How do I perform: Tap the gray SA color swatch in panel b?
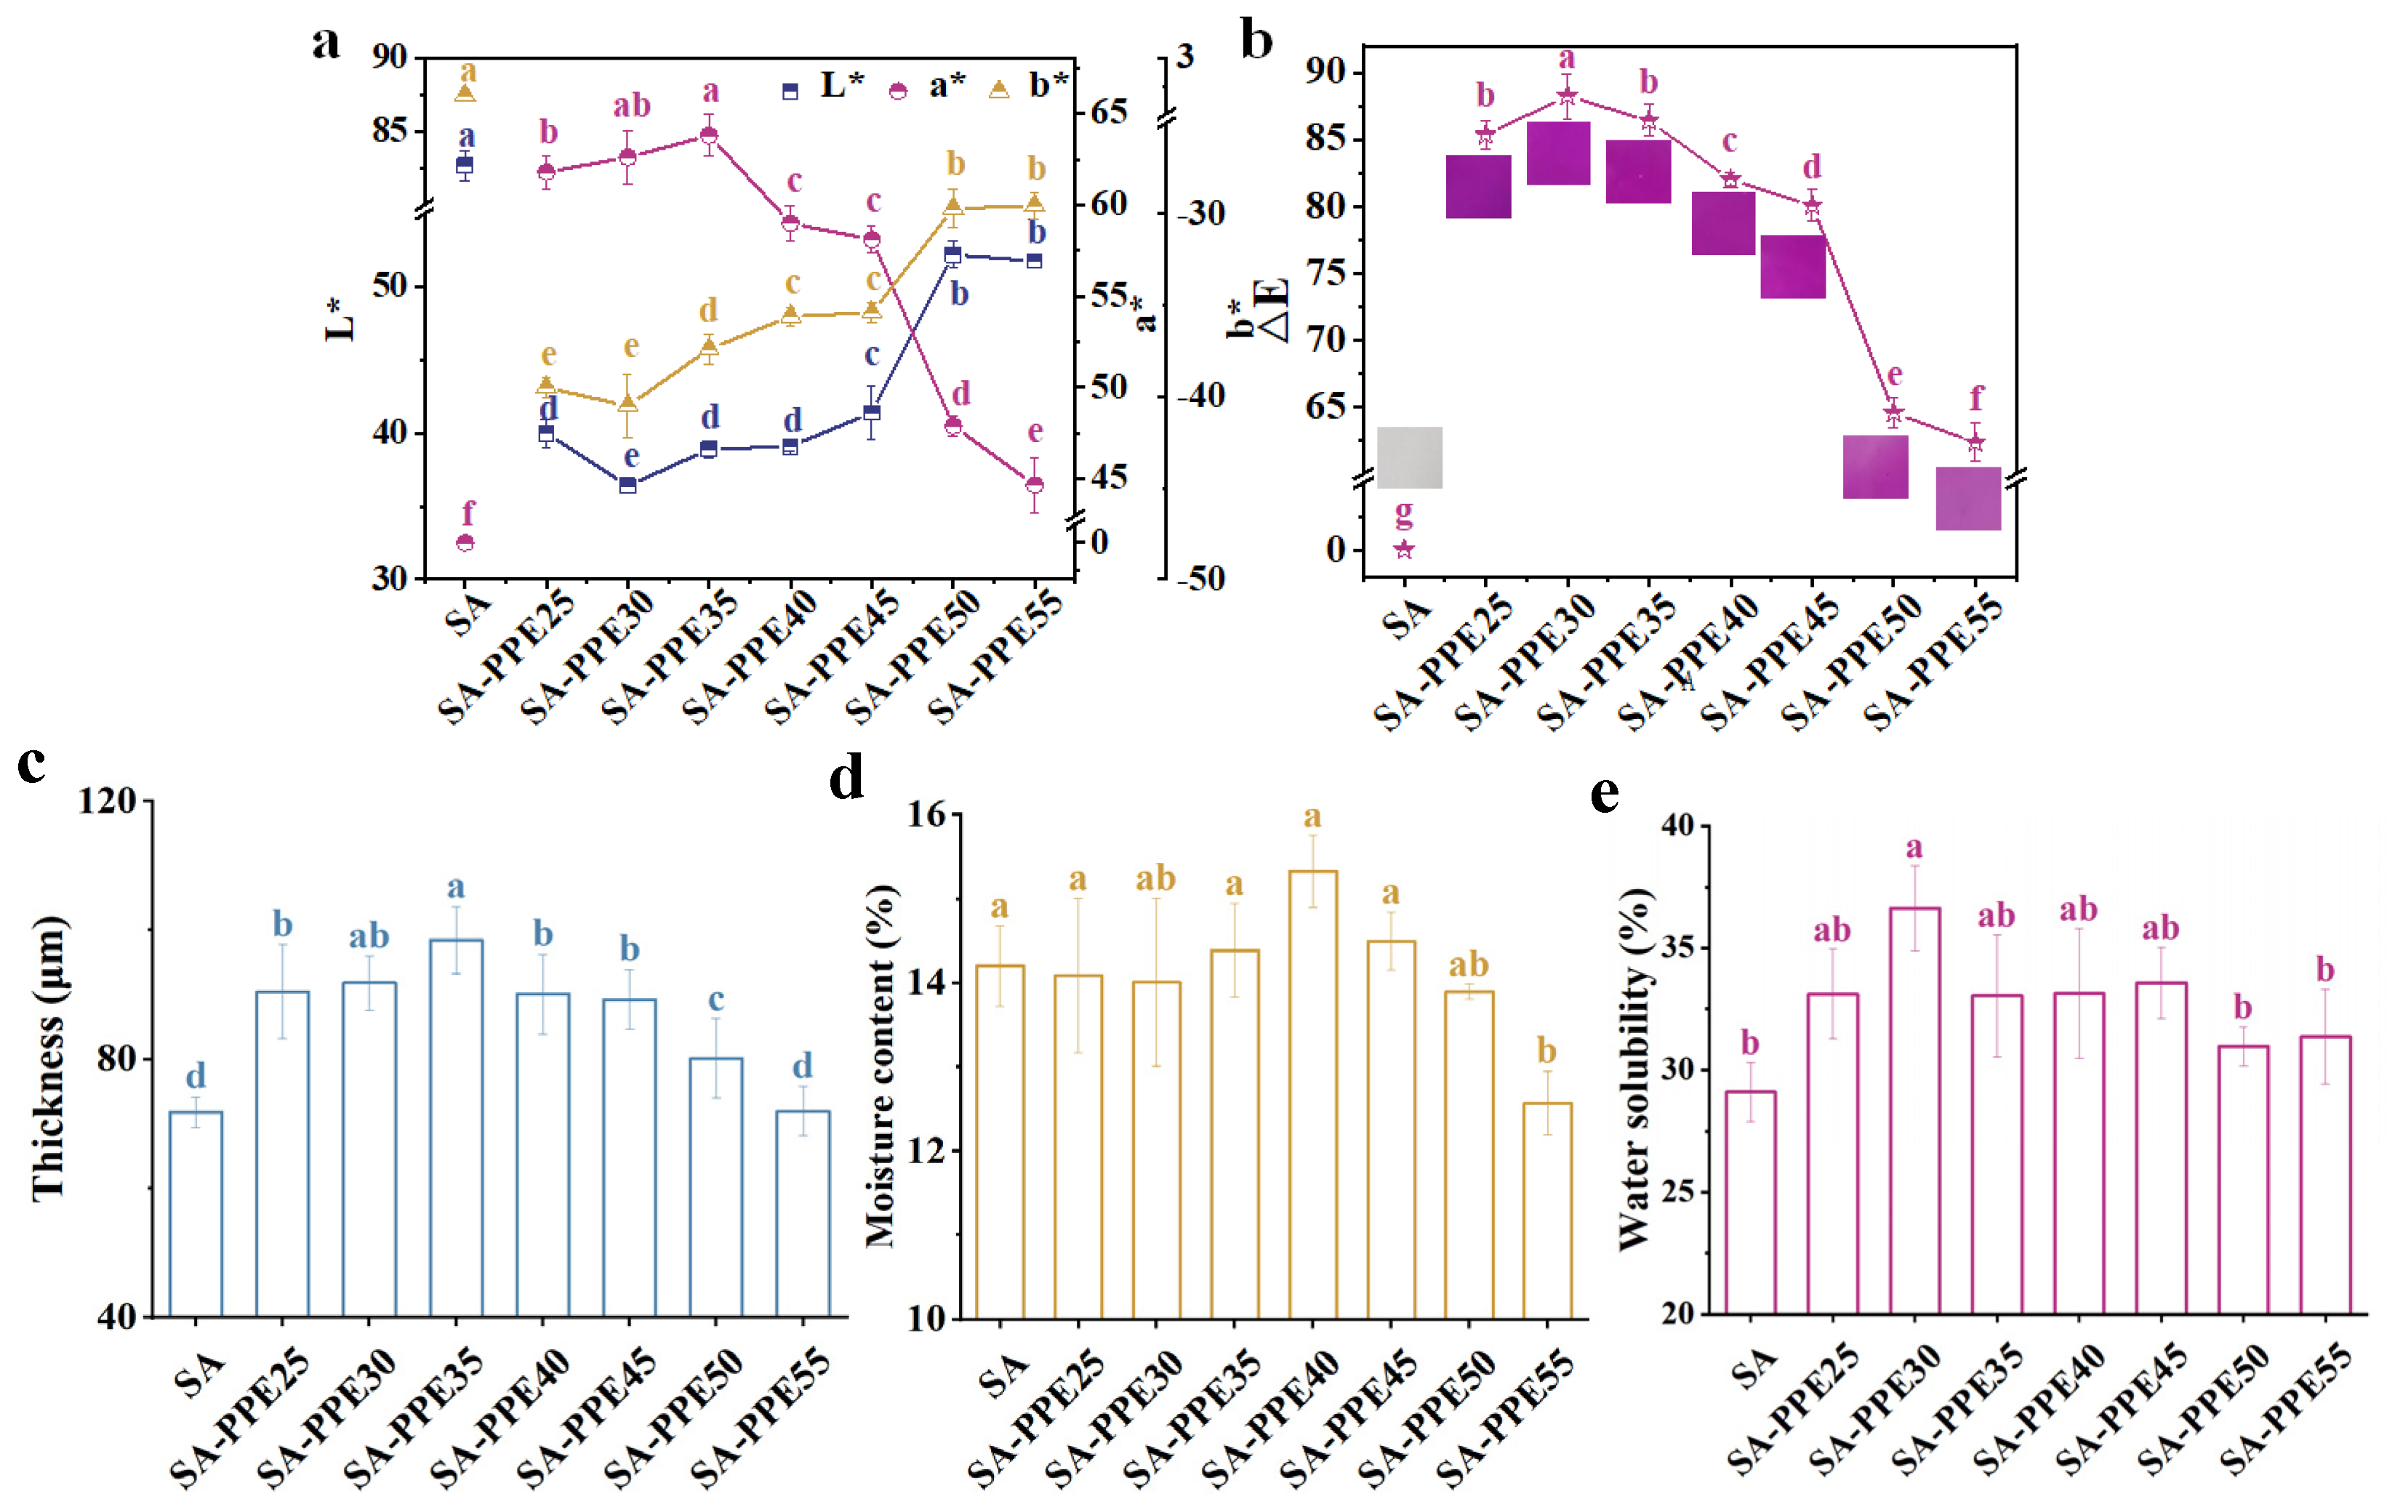click(x=1410, y=457)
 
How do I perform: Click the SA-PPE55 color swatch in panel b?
click(x=1967, y=498)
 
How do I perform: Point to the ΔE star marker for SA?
click(x=1404, y=550)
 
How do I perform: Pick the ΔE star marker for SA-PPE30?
click(x=1566, y=96)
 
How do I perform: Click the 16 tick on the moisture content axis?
click(x=927, y=815)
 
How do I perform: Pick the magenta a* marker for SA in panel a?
click(x=465, y=542)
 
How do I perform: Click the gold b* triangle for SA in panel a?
click(x=465, y=93)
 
